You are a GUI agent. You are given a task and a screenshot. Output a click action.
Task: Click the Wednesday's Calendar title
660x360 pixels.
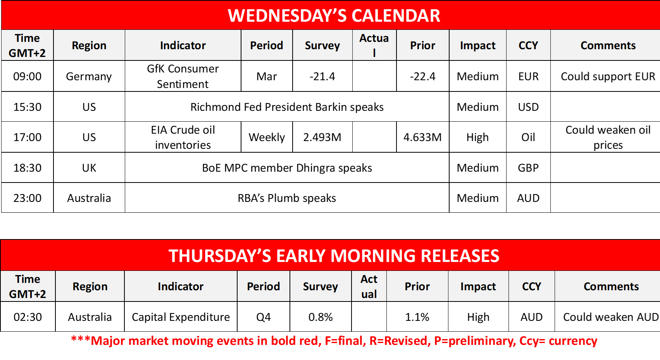point(334,16)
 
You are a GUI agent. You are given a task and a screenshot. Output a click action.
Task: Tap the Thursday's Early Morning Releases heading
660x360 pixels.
point(334,256)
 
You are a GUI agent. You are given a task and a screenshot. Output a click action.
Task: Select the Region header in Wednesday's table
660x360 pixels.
point(89,45)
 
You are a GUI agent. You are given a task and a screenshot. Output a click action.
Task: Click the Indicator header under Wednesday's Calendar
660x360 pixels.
point(183,45)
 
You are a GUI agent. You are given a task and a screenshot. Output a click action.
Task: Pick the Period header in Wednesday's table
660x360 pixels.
point(267,45)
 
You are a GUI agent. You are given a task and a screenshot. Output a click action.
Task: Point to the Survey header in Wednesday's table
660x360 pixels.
point(322,45)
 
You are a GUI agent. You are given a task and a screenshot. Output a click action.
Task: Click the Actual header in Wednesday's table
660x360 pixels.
point(374,45)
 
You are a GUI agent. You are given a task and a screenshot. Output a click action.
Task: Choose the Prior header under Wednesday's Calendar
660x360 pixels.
point(423,45)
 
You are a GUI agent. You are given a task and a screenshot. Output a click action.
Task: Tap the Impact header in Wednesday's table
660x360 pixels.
point(478,45)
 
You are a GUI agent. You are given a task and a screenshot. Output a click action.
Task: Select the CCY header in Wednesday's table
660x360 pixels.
point(528,45)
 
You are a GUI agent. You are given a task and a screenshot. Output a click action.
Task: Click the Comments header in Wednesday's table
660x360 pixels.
point(608,45)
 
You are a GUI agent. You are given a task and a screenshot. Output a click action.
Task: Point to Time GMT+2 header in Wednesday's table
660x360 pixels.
point(27,45)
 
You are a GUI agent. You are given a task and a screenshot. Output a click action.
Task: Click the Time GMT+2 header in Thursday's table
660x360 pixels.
point(28,286)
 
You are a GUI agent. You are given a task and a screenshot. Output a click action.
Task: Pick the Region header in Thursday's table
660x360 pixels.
point(90,286)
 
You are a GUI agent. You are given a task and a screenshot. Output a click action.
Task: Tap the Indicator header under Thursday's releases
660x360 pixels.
point(181,286)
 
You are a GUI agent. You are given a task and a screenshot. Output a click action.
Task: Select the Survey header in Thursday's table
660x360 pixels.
point(321,286)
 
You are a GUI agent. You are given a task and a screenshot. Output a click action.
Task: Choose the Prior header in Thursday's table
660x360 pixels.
point(417,286)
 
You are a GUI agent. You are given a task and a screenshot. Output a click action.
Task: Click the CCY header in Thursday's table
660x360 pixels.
point(532,286)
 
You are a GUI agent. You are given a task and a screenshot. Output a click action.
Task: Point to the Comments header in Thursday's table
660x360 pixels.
point(611,286)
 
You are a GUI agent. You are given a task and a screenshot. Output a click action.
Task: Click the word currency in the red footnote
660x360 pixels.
point(573,341)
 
